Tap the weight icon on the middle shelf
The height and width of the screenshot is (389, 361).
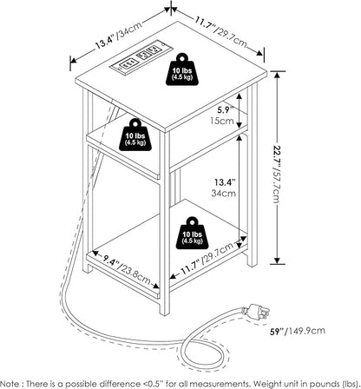pos(135,135)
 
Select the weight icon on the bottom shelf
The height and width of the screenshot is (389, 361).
pos(193,233)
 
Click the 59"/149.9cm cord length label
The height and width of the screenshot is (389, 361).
pos(298,331)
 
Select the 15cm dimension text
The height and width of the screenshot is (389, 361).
pos(222,120)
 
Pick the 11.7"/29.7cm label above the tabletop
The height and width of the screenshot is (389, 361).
pos(221,32)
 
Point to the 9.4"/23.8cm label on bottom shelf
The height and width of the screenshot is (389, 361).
pos(128,268)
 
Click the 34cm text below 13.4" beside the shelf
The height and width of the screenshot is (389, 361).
pos(223,193)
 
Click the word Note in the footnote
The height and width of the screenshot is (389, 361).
pos(10,384)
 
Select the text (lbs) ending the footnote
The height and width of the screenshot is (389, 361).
pos(351,384)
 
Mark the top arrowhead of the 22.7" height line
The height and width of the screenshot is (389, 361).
pos(277,76)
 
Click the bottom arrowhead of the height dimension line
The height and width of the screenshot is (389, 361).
pos(277,260)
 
